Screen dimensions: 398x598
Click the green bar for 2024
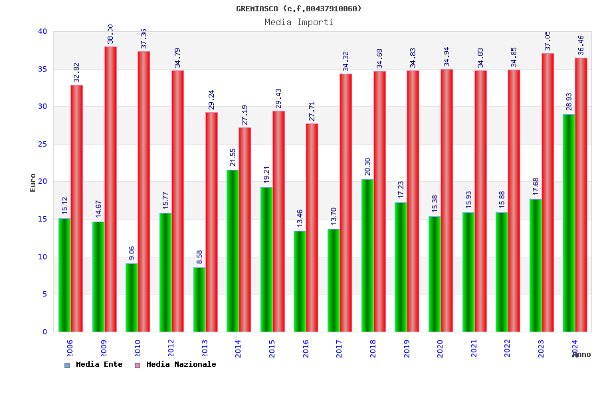coord(569,223)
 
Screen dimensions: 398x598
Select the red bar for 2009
coord(110,189)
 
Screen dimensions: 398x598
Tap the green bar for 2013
coord(199,299)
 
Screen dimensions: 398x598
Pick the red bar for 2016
coord(312,228)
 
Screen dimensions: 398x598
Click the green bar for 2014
coord(233,251)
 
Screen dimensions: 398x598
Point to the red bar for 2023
coord(548,192)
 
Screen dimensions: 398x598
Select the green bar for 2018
coord(367,255)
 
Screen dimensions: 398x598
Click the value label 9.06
coord(132,253)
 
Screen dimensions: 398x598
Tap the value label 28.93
coord(569,101)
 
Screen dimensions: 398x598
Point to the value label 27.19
coord(245,115)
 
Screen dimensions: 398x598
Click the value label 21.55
coord(233,157)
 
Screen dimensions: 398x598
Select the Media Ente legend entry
coord(94,365)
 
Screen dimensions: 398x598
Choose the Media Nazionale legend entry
coord(175,365)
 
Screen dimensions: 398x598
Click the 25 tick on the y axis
coord(43,144)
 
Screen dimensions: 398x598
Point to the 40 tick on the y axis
coord(43,31)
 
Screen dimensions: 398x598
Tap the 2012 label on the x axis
coord(171,348)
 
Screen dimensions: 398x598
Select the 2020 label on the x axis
coord(440,348)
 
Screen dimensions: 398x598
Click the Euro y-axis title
coord(33,182)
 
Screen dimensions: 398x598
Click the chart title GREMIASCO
coord(299,9)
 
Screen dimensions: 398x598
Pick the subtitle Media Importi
coord(299,22)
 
